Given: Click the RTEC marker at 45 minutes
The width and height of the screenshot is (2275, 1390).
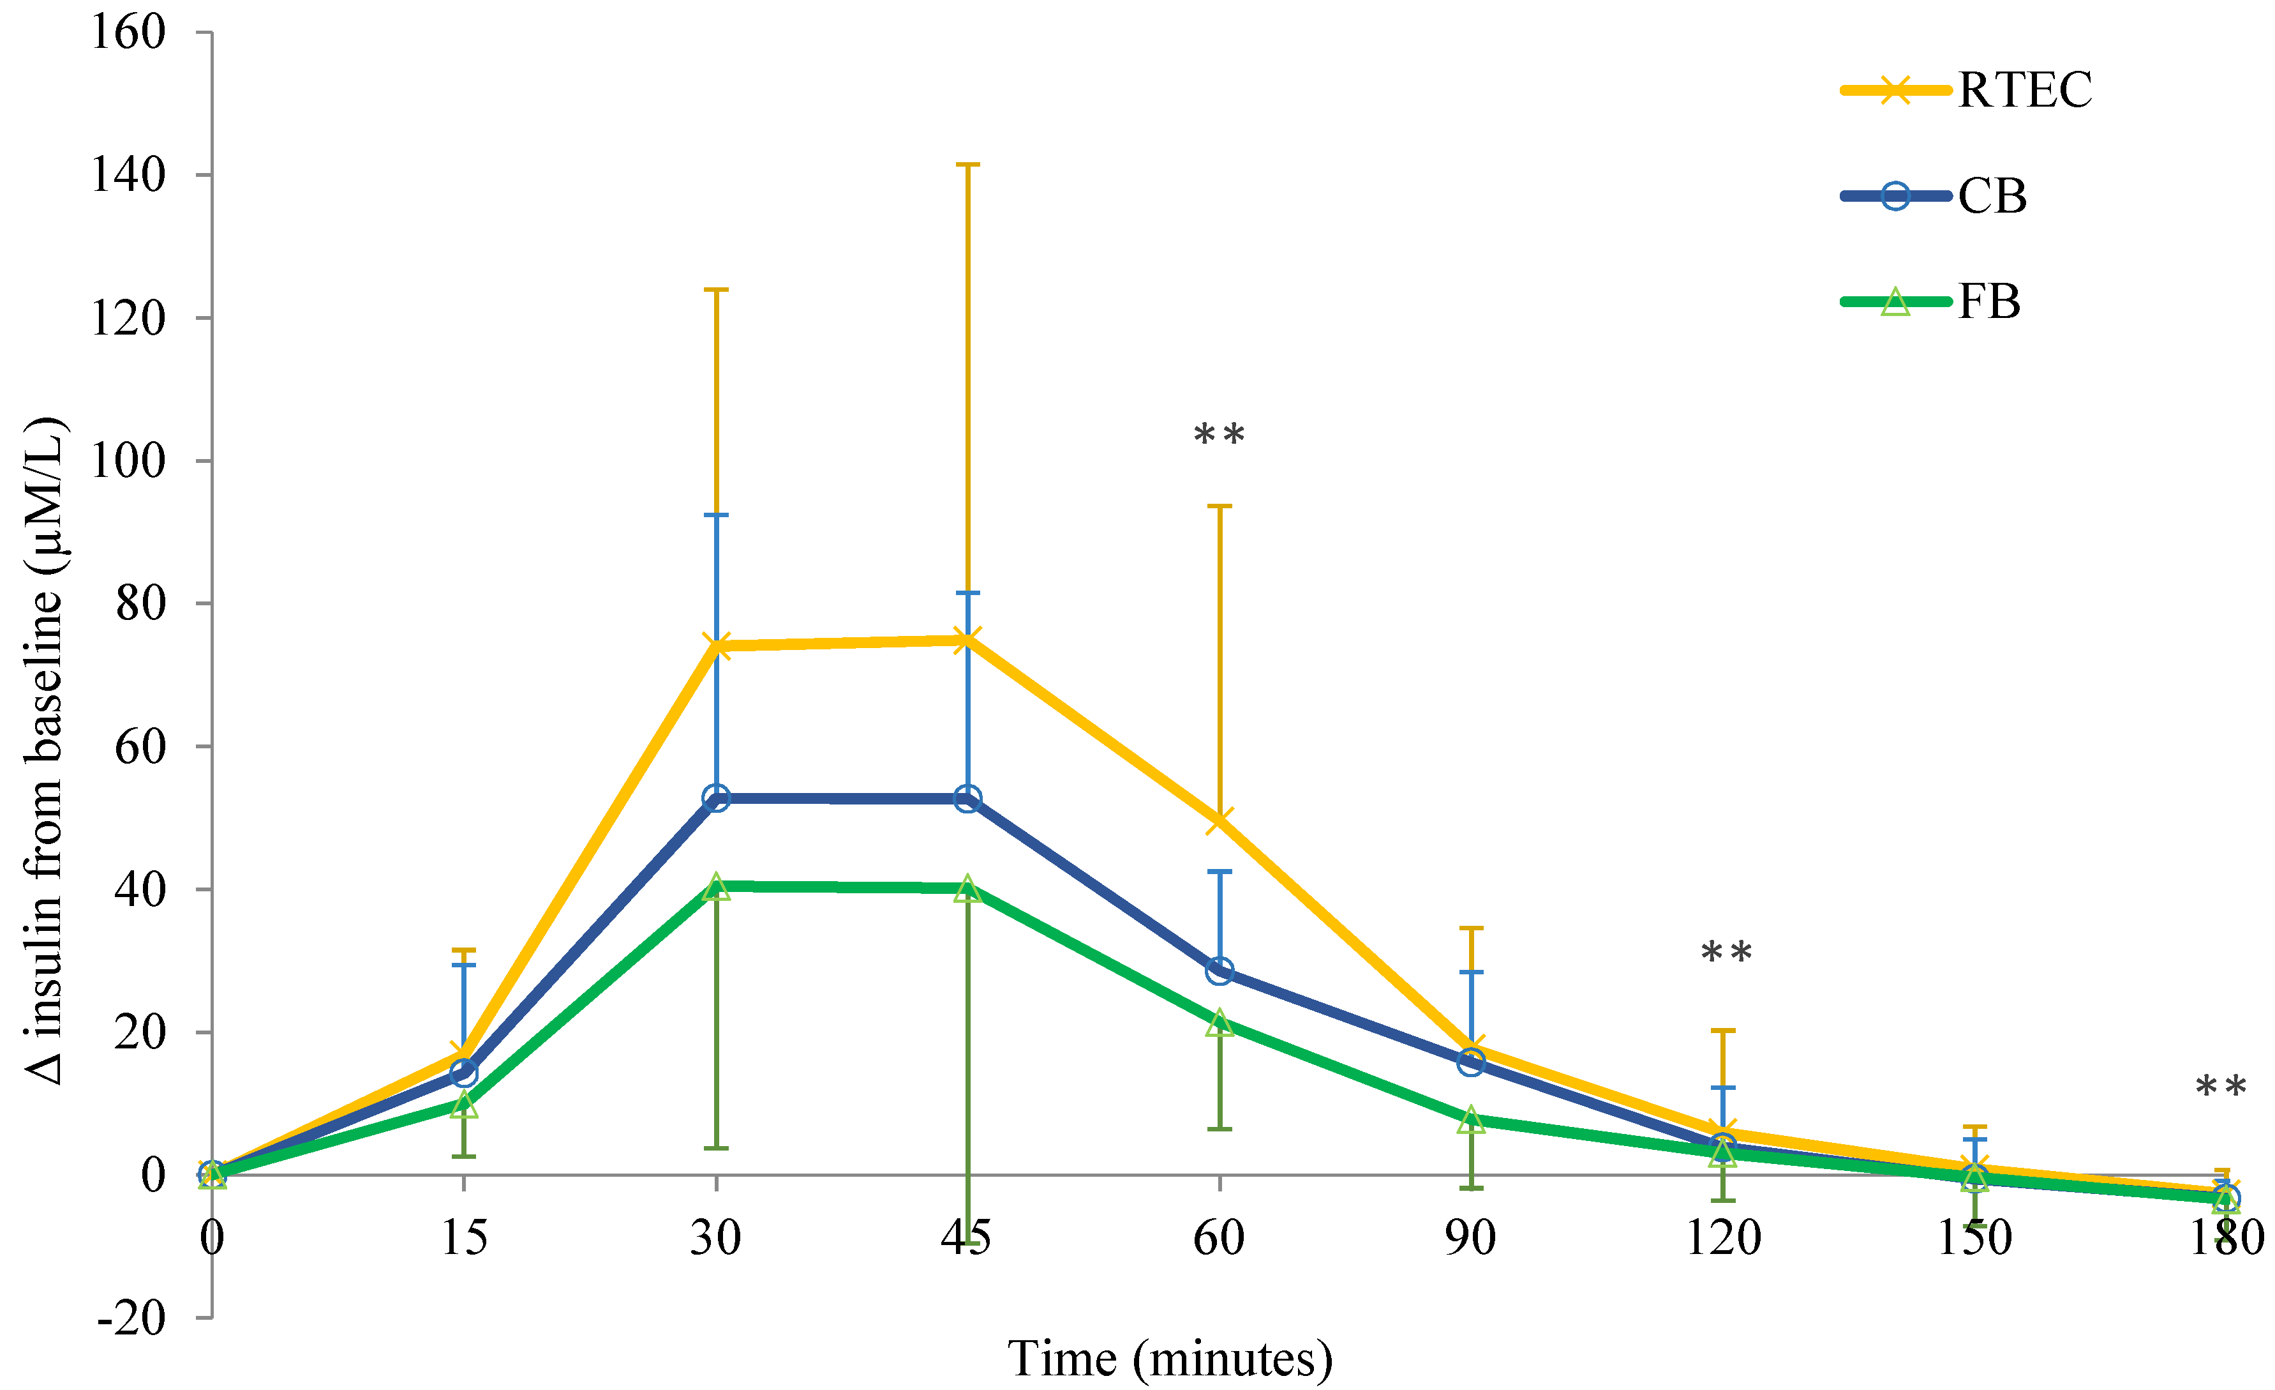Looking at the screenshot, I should (967, 639).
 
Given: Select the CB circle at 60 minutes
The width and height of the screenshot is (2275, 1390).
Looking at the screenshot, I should (1219, 970).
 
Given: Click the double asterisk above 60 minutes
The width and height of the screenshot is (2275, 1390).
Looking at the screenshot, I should (1219, 435).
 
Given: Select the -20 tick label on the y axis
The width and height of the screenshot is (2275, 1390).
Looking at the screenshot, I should (131, 1317).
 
